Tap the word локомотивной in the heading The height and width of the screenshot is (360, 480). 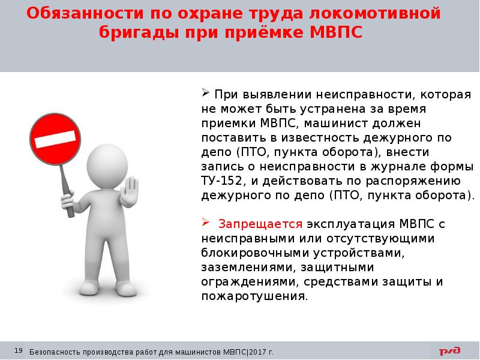[377, 13]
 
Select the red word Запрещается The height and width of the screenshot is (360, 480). [260, 224]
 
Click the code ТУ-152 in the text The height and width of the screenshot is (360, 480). [221, 181]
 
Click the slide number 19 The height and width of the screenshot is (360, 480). [18, 350]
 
